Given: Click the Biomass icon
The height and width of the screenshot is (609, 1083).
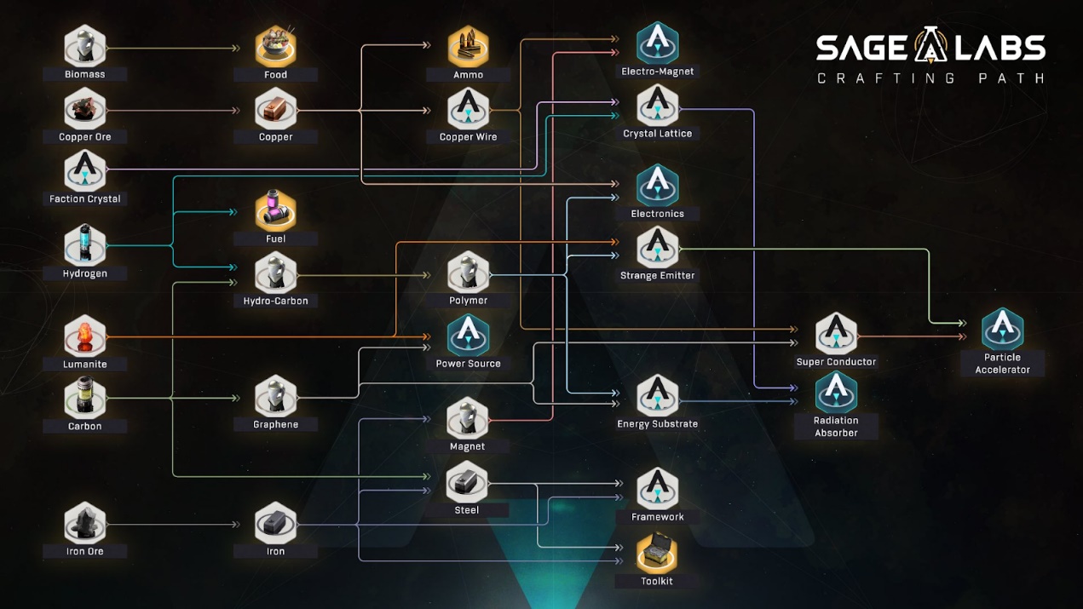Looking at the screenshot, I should [85, 46].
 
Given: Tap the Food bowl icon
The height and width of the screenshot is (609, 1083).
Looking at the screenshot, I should [275, 46].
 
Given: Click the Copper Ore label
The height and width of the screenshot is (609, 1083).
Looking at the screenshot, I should [85, 136].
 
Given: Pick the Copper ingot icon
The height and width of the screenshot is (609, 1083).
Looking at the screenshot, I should [275, 109].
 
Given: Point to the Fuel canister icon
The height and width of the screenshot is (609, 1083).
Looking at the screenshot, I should [275, 210].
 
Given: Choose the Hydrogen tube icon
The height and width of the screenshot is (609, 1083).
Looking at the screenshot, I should [85, 244].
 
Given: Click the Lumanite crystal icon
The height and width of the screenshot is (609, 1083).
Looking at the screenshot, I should [85, 336].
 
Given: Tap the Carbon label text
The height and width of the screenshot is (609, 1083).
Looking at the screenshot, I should [85, 426].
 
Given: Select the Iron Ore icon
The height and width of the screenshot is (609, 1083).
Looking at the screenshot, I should [85, 523].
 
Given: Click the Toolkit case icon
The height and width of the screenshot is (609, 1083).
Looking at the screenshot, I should [657, 554].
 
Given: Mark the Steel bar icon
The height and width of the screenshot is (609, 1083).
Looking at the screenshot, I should [467, 483].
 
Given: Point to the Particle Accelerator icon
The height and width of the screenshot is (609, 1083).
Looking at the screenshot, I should [1002, 329].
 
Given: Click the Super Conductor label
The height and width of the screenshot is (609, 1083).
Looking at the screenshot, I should [836, 362].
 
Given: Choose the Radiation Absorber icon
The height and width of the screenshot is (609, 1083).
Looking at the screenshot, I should [836, 391].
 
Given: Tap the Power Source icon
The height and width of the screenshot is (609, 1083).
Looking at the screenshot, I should [468, 335].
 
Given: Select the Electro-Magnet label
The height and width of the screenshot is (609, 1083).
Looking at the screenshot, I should [657, 72].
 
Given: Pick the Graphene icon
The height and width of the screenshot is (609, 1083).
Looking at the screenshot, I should [275, 396].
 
